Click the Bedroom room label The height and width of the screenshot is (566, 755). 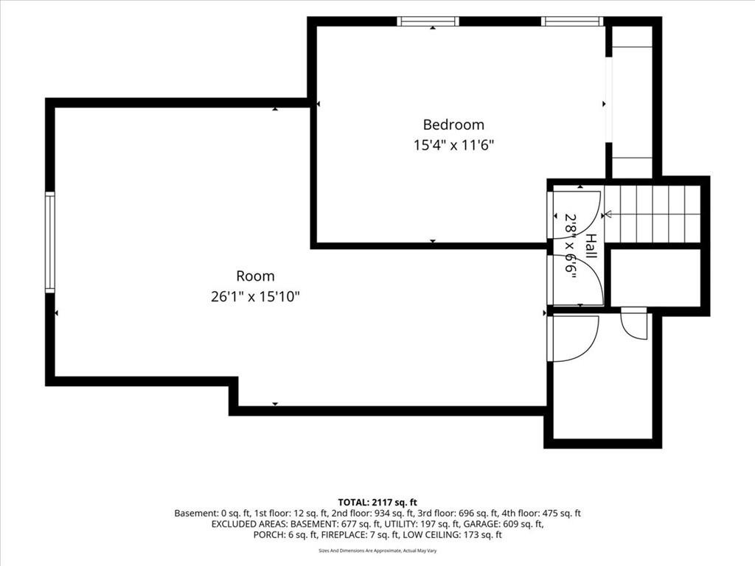click(453, 125)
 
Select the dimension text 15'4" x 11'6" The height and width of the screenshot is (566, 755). click(454, 145)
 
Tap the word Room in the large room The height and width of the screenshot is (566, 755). click(255, 276)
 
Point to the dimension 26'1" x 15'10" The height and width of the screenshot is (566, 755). click(255, 296)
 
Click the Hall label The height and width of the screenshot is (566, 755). click(591, 246)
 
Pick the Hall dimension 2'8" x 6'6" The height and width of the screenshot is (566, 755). click(571, 246)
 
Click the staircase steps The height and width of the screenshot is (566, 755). click(652, 214)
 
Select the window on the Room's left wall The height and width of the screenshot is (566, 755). click(50, 242)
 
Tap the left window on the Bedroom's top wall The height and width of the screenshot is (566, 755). click(428, 21)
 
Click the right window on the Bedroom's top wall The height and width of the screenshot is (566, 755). click(572, 21)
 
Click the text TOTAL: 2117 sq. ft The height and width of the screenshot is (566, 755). click(377, 503)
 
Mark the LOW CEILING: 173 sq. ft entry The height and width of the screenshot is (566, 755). click(452, 535)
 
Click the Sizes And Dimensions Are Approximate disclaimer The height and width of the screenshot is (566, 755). click(377, 551)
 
